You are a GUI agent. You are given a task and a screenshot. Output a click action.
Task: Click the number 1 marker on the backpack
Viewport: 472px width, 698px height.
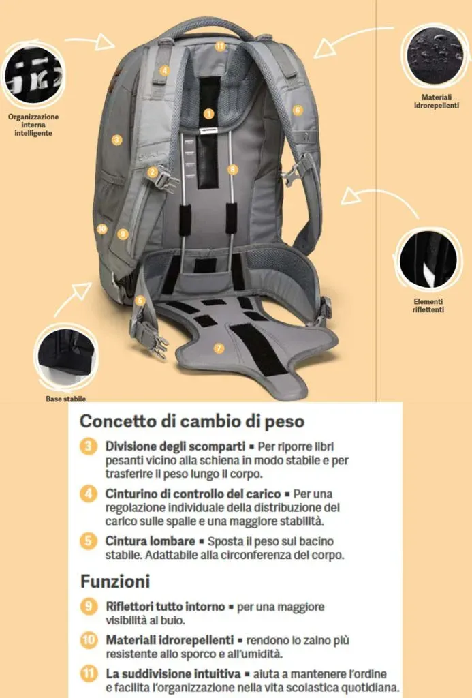pos(208,114)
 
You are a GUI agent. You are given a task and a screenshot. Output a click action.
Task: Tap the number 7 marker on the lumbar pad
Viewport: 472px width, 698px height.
pos(219,348)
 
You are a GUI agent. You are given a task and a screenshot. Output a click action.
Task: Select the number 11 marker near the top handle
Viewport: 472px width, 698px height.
pos(220,46)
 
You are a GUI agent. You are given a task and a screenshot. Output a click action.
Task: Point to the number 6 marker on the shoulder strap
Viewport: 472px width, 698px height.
pos(298,110)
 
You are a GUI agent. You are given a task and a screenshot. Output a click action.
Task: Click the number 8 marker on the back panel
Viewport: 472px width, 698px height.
pos(232,169)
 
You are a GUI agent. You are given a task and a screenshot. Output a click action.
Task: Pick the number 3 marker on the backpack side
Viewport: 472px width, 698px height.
pos(116,140)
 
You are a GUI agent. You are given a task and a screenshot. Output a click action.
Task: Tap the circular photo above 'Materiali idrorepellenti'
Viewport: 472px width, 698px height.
pos(435,56)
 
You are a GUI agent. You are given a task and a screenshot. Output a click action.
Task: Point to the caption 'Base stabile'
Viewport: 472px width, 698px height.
pos(66,399)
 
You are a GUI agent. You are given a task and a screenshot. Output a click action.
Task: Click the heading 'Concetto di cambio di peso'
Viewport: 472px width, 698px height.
pos(192,421)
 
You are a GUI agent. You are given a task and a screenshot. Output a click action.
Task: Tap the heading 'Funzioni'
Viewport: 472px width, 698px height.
pos(115,581)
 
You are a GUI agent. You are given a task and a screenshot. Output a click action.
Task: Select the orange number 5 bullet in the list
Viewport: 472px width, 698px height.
pos(89,541)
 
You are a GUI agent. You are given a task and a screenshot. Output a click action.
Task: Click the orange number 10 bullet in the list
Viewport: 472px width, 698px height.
pos(89,640)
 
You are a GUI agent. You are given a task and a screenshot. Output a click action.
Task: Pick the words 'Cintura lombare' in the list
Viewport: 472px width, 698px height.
pos(150,541)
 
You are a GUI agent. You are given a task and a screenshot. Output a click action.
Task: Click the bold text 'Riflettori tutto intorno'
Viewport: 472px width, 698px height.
pos(165,607)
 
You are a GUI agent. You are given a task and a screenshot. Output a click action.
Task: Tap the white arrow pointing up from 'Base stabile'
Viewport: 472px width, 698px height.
pos(72,298)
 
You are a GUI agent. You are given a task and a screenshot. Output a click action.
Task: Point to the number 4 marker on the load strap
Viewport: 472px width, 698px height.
pos(164,70)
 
